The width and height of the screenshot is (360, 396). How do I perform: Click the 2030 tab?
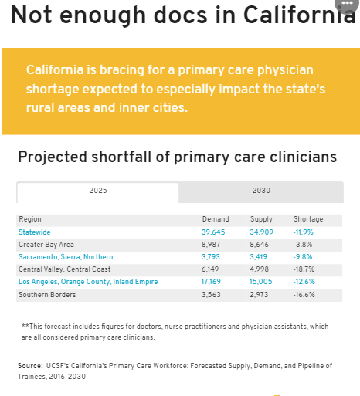(x=261, y=192)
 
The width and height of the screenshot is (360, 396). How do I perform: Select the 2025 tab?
(x=98, y=192)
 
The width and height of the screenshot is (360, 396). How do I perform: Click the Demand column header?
(x=216, y=219)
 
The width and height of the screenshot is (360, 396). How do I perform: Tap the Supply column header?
(x=261, y=219)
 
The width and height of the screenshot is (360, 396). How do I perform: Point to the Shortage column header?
(x=308, y=219)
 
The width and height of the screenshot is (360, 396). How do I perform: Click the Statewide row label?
(x=35, y=232)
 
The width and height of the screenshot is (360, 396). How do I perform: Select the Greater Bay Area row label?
(x=46, y=245)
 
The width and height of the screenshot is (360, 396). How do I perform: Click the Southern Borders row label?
(x=47, y=295)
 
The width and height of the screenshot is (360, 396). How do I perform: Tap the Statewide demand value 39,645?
(x=213, y=232)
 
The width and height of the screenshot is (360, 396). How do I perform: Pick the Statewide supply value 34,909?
(x=261, y=232)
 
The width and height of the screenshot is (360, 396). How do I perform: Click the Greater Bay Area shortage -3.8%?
(x=303, y=245)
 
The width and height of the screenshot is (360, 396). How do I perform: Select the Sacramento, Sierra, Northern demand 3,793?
(x=211, y=257)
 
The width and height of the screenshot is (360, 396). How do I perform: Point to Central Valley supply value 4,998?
(x=259, y=269)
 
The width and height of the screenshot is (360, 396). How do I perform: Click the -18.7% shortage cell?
(x=304, y=269)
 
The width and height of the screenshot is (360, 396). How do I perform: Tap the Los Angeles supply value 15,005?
(x=260, y=282)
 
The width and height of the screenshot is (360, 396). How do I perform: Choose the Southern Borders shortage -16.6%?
(x=304, y=295)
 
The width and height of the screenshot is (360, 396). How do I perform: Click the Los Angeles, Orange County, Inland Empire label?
(x=88, y=282)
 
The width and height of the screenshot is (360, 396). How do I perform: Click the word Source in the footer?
(x=30, y=366)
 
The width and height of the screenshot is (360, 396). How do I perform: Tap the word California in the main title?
(x=300, y=15)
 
